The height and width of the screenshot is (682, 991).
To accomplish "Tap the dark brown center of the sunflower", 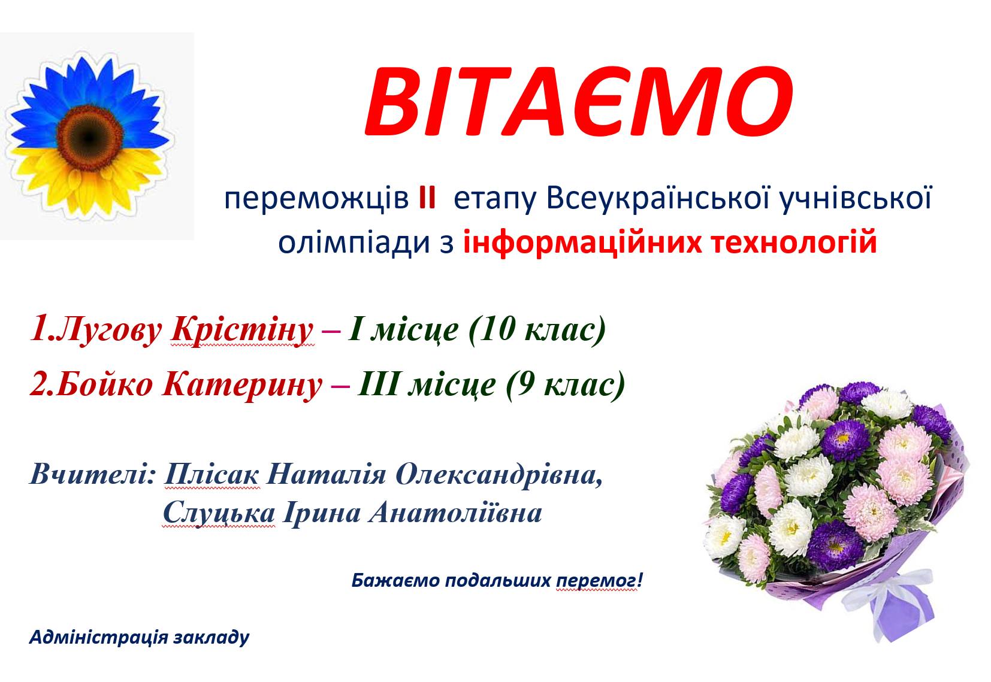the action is click(x=90, y=137).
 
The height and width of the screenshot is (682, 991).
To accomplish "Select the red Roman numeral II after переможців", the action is click(x=427, y=199).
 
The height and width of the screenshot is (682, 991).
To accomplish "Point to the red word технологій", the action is click(x=787, y=243).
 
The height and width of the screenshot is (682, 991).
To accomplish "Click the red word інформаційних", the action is click(x=582, y=243).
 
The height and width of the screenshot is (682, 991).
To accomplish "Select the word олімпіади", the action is click(x=354, y=243).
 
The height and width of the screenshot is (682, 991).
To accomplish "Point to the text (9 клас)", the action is click(x=565, y=384).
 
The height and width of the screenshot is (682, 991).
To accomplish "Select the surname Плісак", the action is click(x=212, y=474).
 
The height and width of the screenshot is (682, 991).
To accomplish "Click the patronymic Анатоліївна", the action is click(x=455, y=513).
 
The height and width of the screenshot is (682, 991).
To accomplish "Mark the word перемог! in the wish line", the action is click(x=599, y=580).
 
